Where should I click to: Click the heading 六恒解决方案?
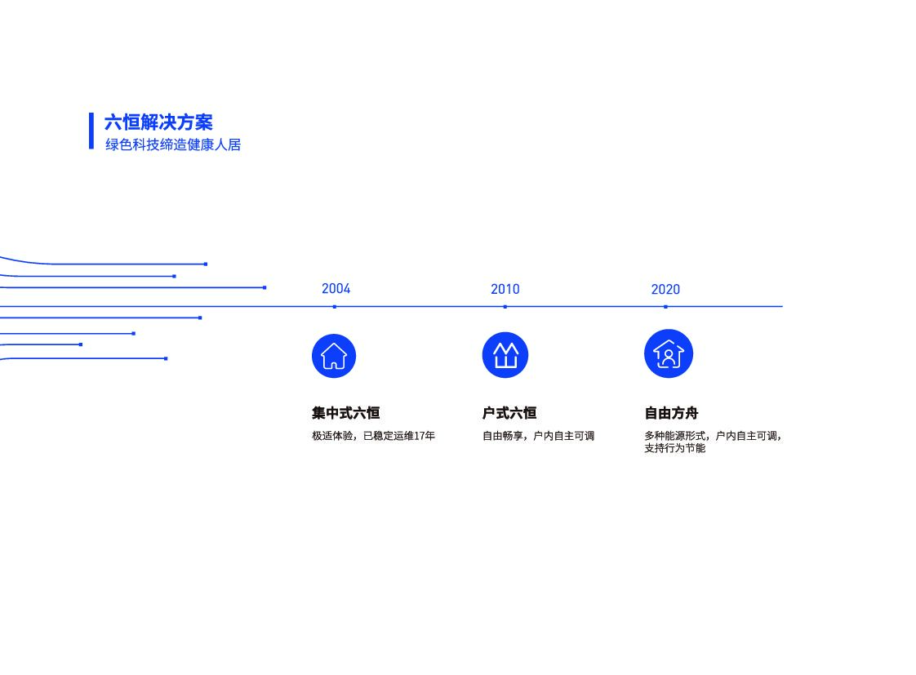coord(158,122)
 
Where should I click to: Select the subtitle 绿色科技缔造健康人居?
coord(173,145)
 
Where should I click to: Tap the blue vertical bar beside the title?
coord(91,131)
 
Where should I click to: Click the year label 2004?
coord(336,289)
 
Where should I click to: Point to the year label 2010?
coord(505,289)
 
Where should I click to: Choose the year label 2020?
coord(665,289)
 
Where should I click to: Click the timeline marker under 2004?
coord(335,307)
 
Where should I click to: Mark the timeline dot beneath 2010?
coord(505,307)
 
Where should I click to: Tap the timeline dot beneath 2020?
coord(665,307)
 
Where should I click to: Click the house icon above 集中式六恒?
coord(334,357)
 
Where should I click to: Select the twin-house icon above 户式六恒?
coord(505,356)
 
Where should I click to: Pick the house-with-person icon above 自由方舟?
coord(669,354)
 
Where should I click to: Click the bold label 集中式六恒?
coord(345,413)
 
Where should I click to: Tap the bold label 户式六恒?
coord(509,413)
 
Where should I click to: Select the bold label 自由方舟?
coord(671,413)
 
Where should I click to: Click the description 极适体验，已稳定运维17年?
coord(373,436)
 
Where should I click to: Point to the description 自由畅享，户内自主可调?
coord(538,436)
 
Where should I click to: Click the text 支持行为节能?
coord(674,448)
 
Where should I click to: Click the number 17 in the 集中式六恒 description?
coord(420,436)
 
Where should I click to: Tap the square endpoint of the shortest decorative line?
coord(81,344)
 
